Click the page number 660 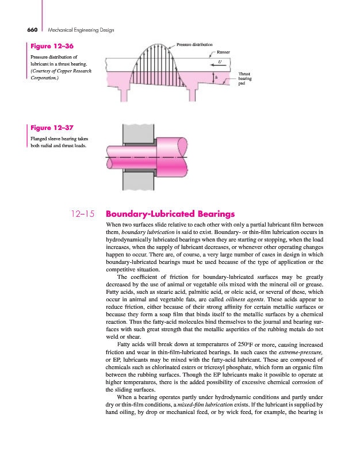(32, 29)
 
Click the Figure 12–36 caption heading (51, 45)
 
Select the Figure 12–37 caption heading (51, 128)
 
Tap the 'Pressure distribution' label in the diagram (194, 44)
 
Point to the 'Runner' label (223, 52)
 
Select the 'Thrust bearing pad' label (244, 79)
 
